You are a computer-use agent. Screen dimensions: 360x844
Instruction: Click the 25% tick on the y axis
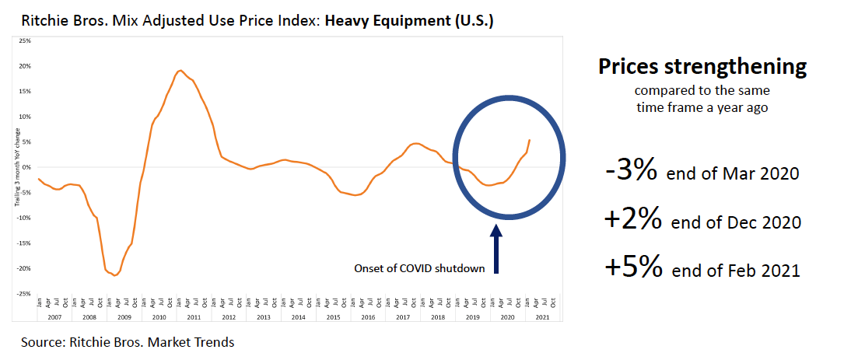[x=26, y=40]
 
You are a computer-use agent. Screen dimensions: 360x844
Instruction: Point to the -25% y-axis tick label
[x=25, y=294]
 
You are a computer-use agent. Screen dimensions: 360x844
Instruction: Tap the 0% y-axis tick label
[x=27, y=167]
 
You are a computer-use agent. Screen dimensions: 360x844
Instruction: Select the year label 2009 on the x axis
[x=123, y=318]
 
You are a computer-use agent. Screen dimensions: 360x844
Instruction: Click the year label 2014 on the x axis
[x=298, y=318]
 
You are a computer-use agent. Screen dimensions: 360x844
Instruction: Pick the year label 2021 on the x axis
[x=543, y=318]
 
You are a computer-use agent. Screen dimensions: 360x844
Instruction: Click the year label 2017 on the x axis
[x=403, y=318]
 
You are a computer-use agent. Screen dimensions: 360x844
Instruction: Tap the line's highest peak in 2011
[x=180, y=71]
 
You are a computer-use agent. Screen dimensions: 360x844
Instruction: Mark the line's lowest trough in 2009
[x=115, y=275]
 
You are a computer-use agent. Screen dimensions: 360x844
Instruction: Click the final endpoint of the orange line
[x=530, y=140]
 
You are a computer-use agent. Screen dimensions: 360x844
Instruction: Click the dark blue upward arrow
[x=496, y=248]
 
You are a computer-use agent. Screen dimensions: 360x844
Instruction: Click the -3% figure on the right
[x=631, y=170]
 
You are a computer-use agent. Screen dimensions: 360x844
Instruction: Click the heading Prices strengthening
[x=702, y=67]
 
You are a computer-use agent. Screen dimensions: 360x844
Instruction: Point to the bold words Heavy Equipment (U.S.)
[x=409, y=20]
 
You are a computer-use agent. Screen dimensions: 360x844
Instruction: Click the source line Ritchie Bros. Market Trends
[x=128, y=341]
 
